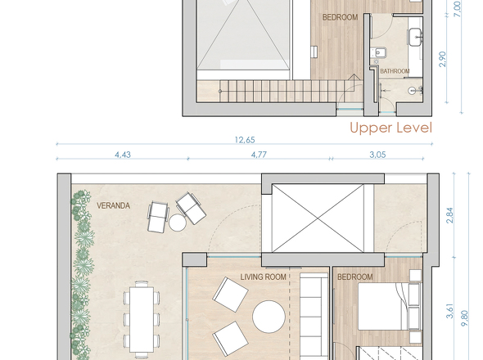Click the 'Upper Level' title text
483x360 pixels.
tap(390, 128)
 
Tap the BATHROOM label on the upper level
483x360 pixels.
tap(395, 71)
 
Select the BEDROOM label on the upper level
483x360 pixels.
tap(339, 17)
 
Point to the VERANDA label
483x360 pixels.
tap(113, 205)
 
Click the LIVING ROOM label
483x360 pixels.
tap(263, 277)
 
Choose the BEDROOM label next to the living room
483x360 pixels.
tap(355, 277)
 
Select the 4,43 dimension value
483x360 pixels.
tap(123, 154)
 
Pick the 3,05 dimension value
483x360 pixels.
tap(378, 154)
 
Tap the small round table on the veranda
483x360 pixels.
tap(178, 222)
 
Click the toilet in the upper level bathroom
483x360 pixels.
tap(380, 54)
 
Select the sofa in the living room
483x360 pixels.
tap(312, 315)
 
